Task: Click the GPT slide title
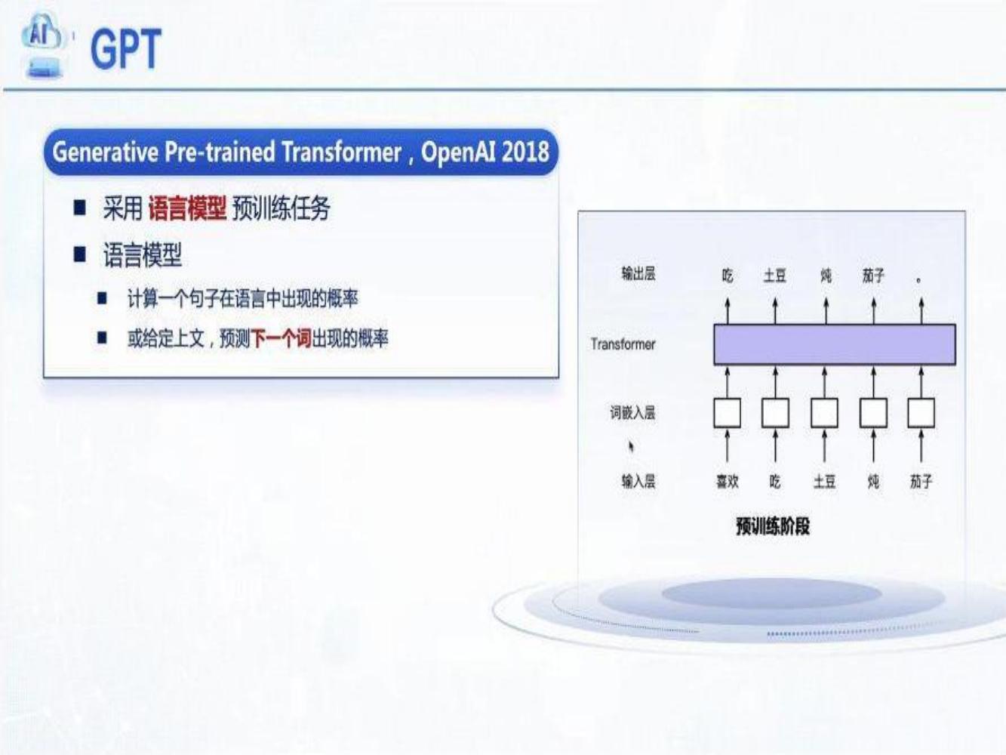click(x=126, y=48)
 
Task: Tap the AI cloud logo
click(x=43, y=45)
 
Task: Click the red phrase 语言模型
click(x=187, y=208)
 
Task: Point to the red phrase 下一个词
click(x=281, y=339)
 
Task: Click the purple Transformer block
click(x=835, y=344)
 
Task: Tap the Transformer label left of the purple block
click(x=623, y=344)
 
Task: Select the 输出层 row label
click(x=638, y=273)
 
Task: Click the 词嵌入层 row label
click(x=632, y=412)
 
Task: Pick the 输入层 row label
click(x=638, y=482)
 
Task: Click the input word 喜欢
click(x=728, y=482)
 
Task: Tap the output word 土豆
click(x=775, y=276)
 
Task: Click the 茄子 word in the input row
click(x=921, y=482)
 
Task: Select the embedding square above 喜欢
click(x=728, y=412)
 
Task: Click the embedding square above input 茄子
click(x=921, y=412)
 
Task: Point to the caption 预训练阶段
click(x=773, y=526)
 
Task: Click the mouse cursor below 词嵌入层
click(x=631, y=446)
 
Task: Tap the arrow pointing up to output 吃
click(x=728, y=311)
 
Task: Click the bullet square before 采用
click(x=80, y=207)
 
